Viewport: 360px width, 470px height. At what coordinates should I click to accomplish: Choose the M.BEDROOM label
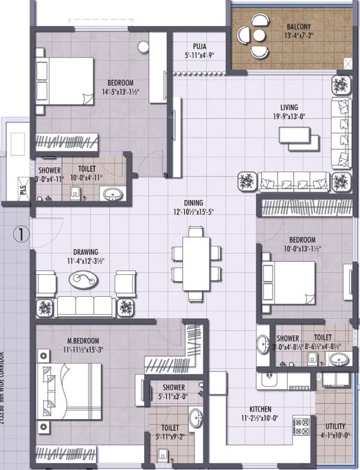[x=83, y=340]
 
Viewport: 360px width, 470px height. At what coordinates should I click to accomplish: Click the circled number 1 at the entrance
[x=21, y=234]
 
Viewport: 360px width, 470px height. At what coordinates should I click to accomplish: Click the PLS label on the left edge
[x=23, y=192]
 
